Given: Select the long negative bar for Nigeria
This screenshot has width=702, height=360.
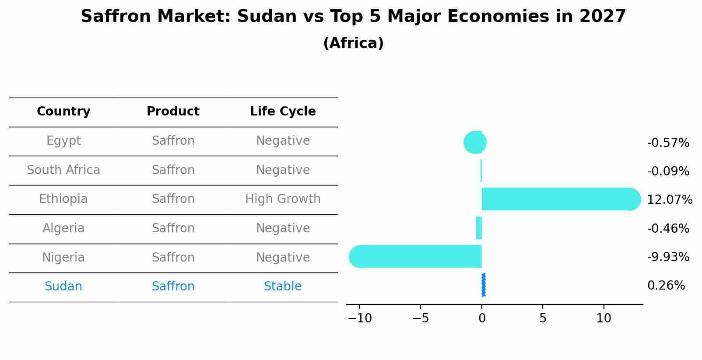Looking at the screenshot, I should [x=416, y=256].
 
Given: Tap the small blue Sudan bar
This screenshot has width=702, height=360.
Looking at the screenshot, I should [x=483, y=285].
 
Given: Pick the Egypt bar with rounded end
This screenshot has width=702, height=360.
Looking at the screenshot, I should [x=475, y=142].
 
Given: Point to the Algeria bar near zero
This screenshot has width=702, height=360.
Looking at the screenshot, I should [x=479, y=228].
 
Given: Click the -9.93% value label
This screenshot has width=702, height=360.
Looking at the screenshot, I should [x=668, y=257].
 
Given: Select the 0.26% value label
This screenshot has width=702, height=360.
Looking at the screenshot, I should [x=666, y=286].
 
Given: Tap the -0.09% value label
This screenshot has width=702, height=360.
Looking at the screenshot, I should [x=668, y=171].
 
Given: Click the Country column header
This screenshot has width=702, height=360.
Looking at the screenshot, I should [x=63, y=112].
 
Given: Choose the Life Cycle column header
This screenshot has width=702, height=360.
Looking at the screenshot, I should [x=283, y=112].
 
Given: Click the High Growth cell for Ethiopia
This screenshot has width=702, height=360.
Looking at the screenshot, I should [x=283, y=199].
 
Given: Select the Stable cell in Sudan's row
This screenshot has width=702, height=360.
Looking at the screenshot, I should [x=283, y=287].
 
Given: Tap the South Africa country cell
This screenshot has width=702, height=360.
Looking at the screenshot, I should [x=63, y=170].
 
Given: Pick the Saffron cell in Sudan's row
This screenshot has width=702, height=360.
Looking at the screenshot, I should [x=173, y=287].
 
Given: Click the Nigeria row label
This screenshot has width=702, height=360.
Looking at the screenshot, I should [x=63, y=257].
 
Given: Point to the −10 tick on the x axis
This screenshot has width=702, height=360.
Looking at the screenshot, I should [x=359, y=318].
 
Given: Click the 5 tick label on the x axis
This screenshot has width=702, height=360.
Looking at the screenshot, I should [x=543, y=318].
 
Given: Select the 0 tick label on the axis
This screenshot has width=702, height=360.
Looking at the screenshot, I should [x=482, y=318].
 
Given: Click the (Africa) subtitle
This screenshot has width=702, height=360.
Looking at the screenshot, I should [x=353, y=43].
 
